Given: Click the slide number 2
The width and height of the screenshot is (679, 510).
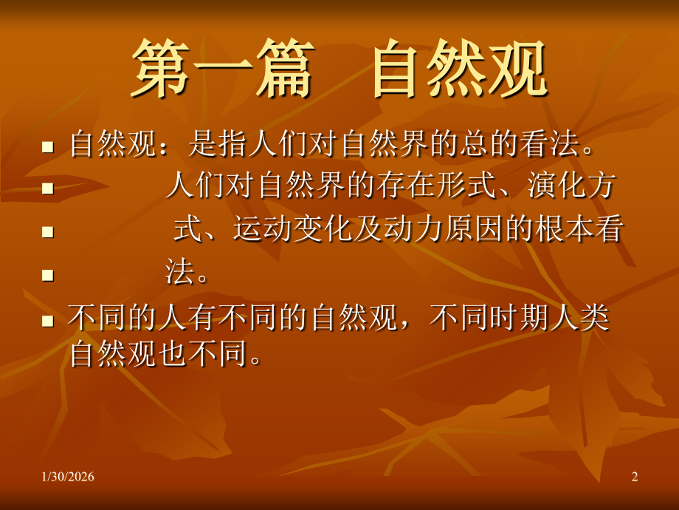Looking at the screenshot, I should (635, 478).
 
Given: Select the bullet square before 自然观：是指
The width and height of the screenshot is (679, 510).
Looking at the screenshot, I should (48, 146).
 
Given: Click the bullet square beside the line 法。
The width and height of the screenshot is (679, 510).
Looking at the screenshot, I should (48, 276).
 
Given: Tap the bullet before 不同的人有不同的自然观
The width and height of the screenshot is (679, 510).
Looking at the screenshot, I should (48, 321).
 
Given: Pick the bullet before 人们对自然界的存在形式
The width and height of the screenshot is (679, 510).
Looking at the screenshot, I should (48, 188).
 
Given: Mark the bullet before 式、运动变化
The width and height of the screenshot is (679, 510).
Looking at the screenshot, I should (48, 232).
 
